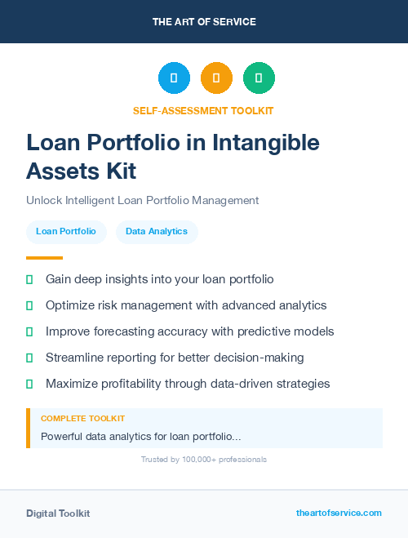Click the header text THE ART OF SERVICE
pyautogui.click(x=204, y=22)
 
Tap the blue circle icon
pyautogui.click(x=174, y=78)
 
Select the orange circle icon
pyautogui.click(x=216, y=78)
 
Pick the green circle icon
pyautogui.click(x=259, y=78)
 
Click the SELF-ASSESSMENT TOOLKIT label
pyautogui.click(x=203, y=110)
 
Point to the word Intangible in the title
pyautogui.click(x=266, y=143)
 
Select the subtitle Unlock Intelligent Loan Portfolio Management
pyautogui.click(x=142, y=200)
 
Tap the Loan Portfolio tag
pyautogui.click(x=66, y=232)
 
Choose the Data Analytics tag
pyautogui.click(x=157, y=232)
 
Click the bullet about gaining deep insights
pyautogui.click(x=159, y=279)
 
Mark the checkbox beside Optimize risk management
pyautogui.click(x=29, y=305)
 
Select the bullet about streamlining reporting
pyautogui.click(x=175, y=358)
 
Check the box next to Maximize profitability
pyautogui.click(x=29, y=384)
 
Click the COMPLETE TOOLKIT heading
pyautogui.click(x=82, y=418)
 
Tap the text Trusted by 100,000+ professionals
pyautogui.click(x=204, y=460)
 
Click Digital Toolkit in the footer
pyautogui.click(x=58, y=514)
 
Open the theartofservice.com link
pyautogui.click(x=339, y=513)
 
